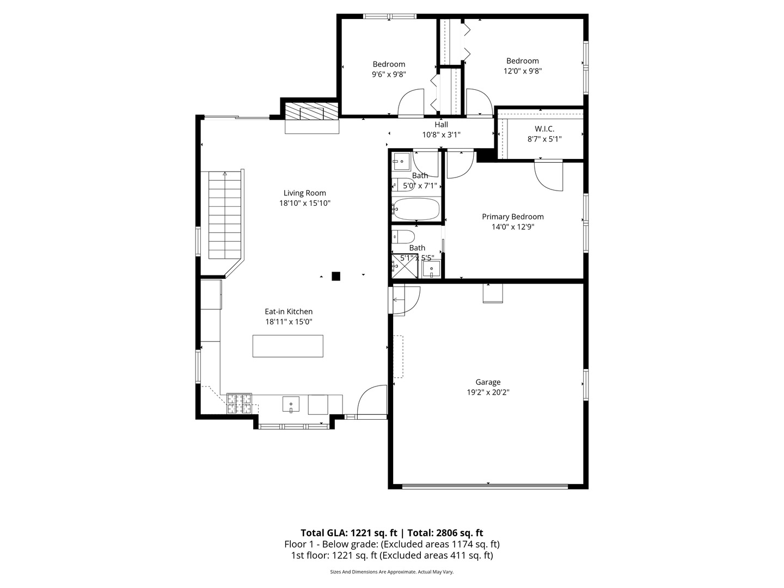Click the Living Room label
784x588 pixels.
[x=304, y=193]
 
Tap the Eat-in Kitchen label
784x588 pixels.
[x=289, y=311]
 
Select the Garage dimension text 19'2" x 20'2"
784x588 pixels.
[x=487, y=392]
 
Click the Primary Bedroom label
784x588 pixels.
[x=512, y=217]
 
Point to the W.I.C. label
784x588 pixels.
[x=544, y=129]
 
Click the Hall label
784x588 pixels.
[x=441, y=125]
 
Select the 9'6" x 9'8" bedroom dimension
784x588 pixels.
[x=389, y=74]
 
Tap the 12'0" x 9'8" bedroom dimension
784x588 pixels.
[x=522, y=71]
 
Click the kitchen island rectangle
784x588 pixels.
[x=287, y=346]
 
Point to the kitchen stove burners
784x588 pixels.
[x=239, y=403]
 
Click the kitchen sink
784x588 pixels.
[x=291, y=405]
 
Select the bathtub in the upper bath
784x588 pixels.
[x=416, y=209]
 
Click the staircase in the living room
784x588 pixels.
[x=224, y=216]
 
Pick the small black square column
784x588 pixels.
[x=336, y=276]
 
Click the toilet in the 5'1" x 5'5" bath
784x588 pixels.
[x=404, y=236]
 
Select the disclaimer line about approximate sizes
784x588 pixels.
[x=391, y=572]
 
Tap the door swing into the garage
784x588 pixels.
[x=406, y=299]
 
